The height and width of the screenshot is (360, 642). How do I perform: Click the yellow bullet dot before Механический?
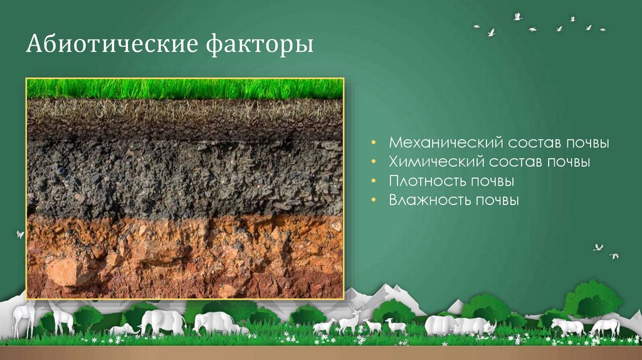click(374, 143)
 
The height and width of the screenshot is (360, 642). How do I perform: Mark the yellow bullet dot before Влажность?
click(374, 201)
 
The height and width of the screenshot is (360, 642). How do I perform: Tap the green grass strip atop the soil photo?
click(184, 88)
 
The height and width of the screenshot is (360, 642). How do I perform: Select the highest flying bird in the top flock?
click(517, 17)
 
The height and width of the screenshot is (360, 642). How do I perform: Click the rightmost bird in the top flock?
click(603, 29)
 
